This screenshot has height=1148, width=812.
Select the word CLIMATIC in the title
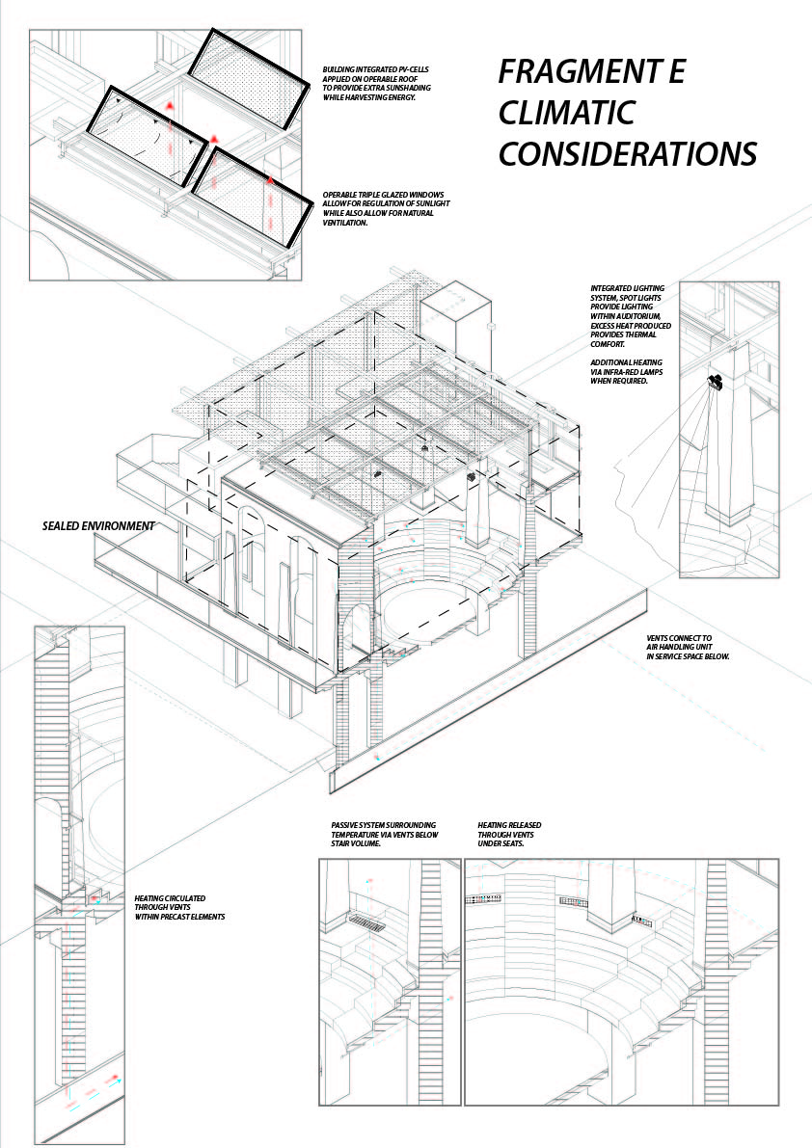pos(567,113)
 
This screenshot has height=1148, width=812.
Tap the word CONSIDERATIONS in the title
pos(627,153)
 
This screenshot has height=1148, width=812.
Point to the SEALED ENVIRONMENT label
pos(98,526)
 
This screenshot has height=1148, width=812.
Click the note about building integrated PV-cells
pos(377,84)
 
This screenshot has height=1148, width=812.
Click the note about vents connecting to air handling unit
pos(688,647)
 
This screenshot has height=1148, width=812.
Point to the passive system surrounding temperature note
pos(384,834)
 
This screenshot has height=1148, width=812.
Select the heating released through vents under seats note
pos(509,834)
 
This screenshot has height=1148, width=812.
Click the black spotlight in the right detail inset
pos(715,383)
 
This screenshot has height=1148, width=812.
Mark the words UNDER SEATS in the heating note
pos(499,842)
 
